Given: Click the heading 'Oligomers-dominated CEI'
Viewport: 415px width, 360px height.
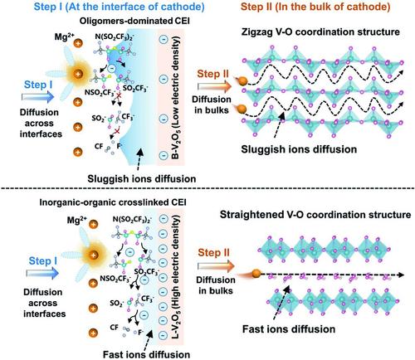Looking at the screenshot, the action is [x=134, y=21].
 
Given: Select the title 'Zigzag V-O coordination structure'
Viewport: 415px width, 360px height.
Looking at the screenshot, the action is [x=320, y=32].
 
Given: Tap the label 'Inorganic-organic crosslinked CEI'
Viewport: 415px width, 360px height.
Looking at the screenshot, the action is [x=113, y=202].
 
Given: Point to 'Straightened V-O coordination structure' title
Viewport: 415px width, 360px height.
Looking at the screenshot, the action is [x=315, y=215].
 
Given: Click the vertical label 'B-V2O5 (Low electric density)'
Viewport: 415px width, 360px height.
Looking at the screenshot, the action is [x=175, y=97].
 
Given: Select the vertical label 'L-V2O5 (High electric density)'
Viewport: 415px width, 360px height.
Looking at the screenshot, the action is [x=175, y=277].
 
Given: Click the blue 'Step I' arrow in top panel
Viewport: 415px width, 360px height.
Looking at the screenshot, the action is [x=38, y=97].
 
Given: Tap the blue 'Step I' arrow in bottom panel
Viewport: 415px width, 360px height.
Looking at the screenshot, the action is [x=42, y=273].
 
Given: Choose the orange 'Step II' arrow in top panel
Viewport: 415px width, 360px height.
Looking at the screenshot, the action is [x=215, y=86].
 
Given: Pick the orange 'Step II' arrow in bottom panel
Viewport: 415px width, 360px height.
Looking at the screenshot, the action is [x=216, y=266].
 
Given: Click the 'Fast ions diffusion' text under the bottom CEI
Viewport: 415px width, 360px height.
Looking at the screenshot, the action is [x=146, y=354].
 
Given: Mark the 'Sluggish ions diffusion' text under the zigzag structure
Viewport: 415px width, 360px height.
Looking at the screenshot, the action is [x=299, y=149].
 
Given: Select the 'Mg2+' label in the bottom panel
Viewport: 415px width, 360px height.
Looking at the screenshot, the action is [x=77, y=221].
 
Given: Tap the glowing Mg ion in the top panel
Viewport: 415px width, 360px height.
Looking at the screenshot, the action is [x=79, y=74].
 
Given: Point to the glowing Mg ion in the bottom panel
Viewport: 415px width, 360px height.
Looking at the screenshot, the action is [x=94, y=255].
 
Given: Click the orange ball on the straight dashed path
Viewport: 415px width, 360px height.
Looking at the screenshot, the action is [x=256, y=274].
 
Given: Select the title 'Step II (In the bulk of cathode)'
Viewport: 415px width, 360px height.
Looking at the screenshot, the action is [x=315, y=7].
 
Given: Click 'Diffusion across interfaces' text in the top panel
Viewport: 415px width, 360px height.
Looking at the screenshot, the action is [x=41, y=123].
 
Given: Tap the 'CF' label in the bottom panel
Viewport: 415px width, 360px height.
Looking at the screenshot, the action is [x=115, y=328].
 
